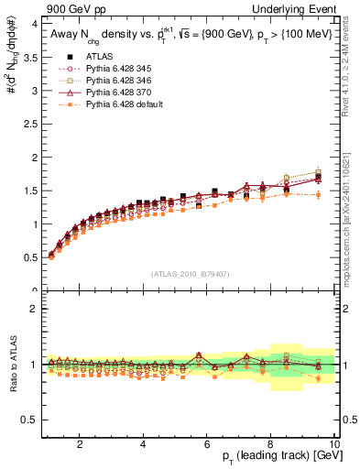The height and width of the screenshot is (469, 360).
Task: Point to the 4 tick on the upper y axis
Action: pyautogui.click(x=33, y=24)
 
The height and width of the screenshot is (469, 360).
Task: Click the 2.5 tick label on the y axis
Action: pyautogui.click(x=28, y=124)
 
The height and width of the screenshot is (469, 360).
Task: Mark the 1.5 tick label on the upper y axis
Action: pyautogui.click(x=28, y=191)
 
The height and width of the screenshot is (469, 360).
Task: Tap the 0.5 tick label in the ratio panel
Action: pyautogui.click(x=28, y=419)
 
